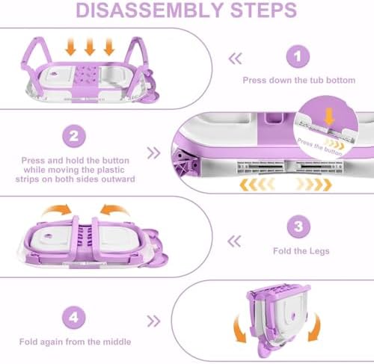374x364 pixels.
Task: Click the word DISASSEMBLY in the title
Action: [x=150, y=10]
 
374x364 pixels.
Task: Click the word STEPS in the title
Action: [x=263, y=10]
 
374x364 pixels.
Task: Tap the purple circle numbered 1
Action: [x=298, y=57]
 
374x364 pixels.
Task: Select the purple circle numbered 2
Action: [x=74, y=136]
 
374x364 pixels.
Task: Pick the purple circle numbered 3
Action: [x=298, y=226]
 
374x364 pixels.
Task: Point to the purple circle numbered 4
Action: [x=74, y=317]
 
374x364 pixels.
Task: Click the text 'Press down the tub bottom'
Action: [x=299, y=80]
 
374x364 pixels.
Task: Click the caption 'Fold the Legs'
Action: [x=301, y=251]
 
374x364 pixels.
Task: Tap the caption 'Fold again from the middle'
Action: [x=75, y=342]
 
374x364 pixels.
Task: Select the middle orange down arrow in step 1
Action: [x=90, y=46]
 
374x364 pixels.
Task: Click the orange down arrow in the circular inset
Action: [x=329, y=117]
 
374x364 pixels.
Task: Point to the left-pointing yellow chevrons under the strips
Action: [x=257, y=185]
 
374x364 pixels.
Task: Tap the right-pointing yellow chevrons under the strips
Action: [x=314, y=185]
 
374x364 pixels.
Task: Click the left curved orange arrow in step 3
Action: [x=57, y=209]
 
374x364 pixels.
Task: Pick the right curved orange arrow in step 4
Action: [x=314, y=327]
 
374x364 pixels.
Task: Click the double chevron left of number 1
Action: [x=235, y=59]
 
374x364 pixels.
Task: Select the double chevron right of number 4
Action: [x=153, y=321]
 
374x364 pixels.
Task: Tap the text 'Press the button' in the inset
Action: [x=320, y=146]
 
